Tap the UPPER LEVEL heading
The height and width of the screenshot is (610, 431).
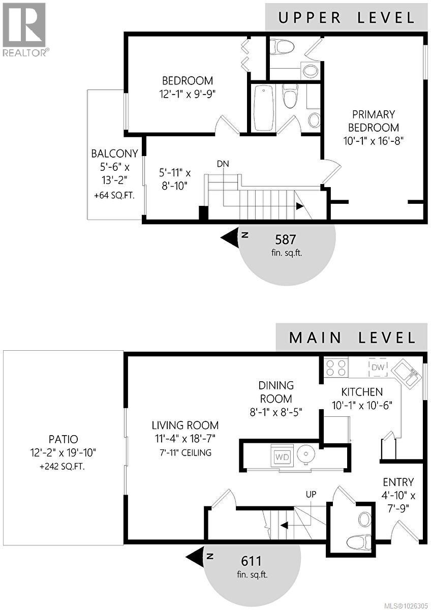pyautogui.click(x=346, y=17)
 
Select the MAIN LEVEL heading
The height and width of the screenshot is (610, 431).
pyautogui.click(x=352, y=337)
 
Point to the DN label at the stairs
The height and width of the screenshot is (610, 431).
pyautogui.click(x=222, y=164)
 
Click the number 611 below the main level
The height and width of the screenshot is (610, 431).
pyautogui.click(x=252, y=561)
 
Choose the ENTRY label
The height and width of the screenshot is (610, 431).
pyautogui.click(x=398, y=482)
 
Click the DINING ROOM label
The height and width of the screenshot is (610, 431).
pyautogui.click(x=276, y=392)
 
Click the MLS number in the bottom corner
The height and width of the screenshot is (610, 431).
pyautogui.click(x=405, y=604)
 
